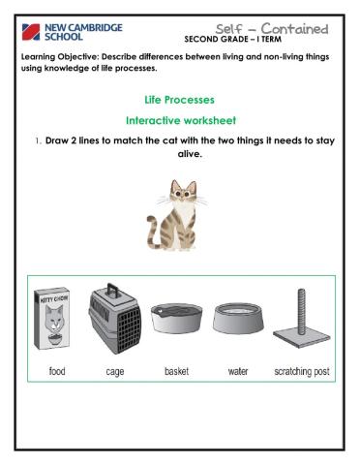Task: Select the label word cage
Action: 107,372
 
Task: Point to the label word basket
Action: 170,372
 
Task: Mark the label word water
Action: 237,372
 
